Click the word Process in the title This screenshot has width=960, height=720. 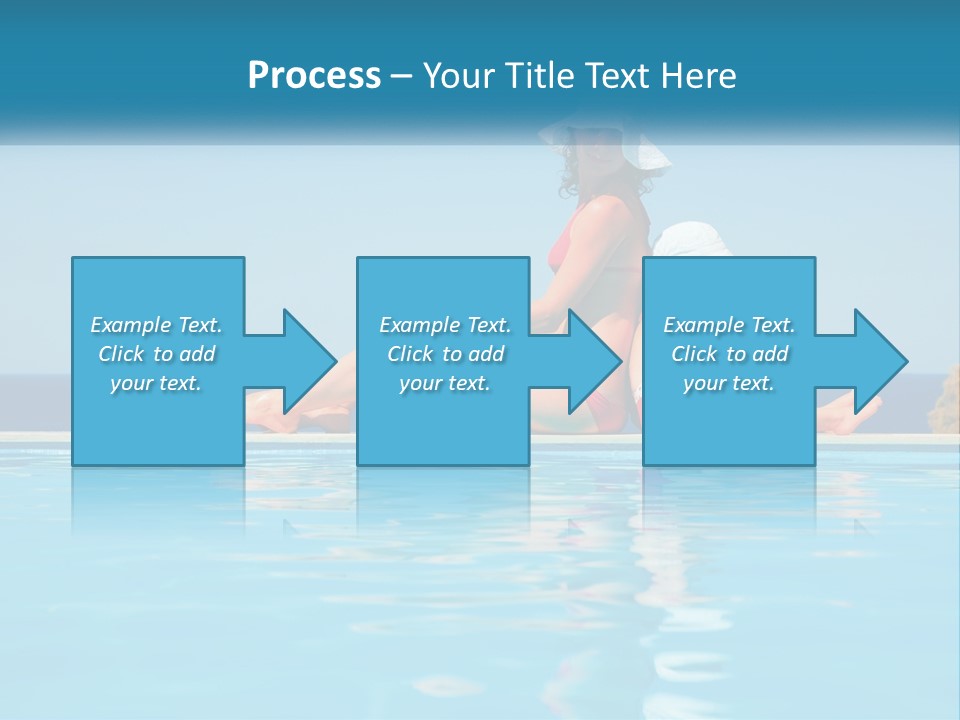point(314,75)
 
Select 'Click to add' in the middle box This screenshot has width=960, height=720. point(445,354)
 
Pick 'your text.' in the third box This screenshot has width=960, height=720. point(728,383)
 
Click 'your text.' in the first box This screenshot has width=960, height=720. point(155,383)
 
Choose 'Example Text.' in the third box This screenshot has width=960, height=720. point(728,325)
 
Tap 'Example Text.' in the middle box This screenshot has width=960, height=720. point(445,325)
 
